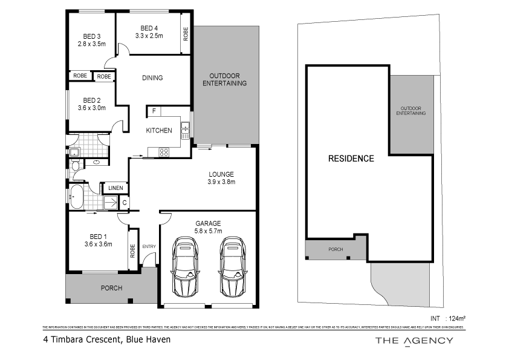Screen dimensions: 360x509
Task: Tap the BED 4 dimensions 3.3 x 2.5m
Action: coord(149,36)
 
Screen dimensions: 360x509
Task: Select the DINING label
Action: coord(152,77)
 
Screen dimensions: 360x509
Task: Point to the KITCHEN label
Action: coord(159,131)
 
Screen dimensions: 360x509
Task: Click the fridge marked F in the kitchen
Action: coord(154,111)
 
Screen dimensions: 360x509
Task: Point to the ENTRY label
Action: coord(149,247)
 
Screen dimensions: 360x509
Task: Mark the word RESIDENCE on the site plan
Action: coord(351,159)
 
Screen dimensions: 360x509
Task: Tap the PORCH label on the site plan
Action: coord(335,249)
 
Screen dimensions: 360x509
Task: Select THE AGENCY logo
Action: coord(414,341)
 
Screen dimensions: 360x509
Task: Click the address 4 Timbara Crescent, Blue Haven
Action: coord(107,340)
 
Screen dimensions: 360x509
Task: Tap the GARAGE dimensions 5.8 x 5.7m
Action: coord(207,231)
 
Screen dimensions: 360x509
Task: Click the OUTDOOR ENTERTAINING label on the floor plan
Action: coord(224,80)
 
